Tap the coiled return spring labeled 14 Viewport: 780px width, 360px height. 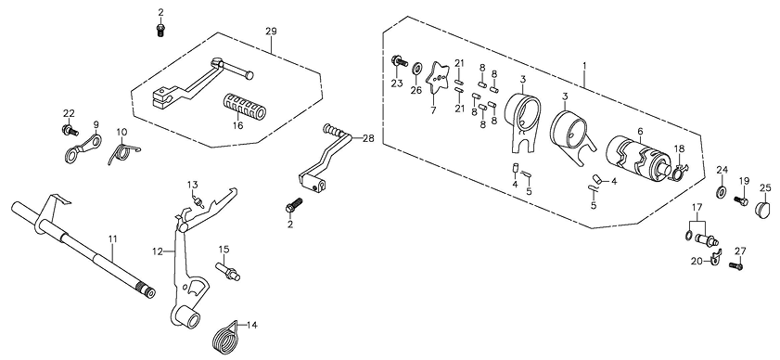click(x=226, y=338)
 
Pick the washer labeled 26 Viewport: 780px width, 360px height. click(x=416, y=67)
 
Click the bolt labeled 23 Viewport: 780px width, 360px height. click(x=399, y=61)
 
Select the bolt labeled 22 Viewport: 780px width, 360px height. click(x=70, y=131)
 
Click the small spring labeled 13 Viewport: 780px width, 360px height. click(x=198, y=201)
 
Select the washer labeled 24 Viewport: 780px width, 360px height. click(x=721, y=192)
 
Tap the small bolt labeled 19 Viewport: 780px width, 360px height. click(x=741, y=201)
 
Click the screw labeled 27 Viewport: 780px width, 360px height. click(x=735, y=266)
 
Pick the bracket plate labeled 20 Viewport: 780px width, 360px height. click(x=716, y=257)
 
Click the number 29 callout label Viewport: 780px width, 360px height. click(x=271, y=32)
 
